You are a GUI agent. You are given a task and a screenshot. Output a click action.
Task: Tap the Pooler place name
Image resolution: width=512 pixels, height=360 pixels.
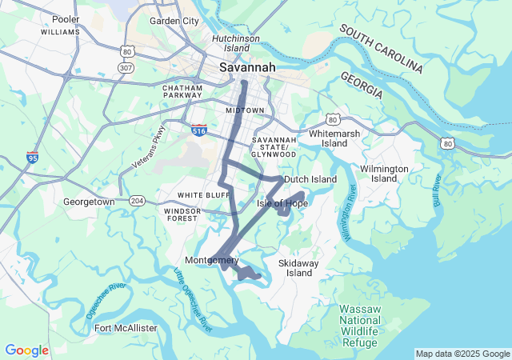65,19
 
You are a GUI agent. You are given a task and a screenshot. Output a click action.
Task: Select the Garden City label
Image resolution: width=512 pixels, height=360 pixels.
174,21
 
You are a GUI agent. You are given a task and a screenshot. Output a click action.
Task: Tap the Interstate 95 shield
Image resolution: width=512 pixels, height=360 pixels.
32,157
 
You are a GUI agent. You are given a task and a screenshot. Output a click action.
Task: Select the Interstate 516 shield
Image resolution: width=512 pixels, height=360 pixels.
199,129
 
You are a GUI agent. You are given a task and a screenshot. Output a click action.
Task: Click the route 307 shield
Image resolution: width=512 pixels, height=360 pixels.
126,68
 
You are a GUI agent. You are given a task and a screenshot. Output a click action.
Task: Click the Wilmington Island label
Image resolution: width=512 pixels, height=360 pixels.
384,174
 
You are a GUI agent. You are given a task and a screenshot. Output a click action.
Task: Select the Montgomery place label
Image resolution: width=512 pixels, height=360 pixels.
211,261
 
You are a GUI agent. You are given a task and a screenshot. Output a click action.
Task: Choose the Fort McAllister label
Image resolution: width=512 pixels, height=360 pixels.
126,328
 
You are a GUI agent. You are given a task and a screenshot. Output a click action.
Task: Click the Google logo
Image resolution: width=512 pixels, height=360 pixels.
26,350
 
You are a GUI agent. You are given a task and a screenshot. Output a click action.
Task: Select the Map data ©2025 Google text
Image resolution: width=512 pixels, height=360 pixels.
462,354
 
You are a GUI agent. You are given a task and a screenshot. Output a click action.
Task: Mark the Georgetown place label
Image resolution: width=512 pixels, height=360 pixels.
88,202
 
